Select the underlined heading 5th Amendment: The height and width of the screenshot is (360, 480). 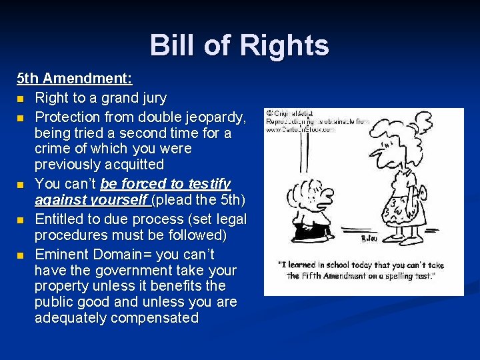point(75,79)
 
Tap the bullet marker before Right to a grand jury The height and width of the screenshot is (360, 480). point(21,99)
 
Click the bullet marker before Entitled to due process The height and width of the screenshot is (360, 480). point(21,220)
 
